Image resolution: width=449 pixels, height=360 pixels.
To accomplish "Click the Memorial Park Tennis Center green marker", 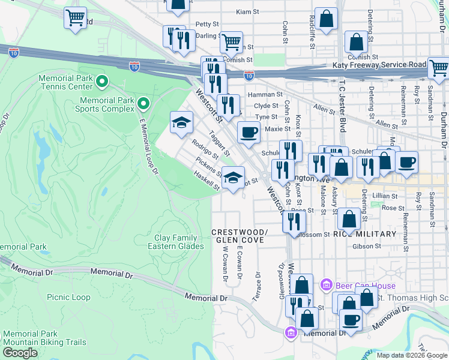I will [x=102, y=80].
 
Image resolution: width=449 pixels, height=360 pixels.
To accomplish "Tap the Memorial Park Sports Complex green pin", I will [x=143, y=104].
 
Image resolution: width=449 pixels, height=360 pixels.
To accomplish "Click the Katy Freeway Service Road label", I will [x=379, y=65].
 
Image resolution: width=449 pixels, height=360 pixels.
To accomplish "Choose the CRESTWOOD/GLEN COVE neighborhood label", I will [x=239, y=236].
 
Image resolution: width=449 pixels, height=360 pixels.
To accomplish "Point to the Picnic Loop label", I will [x=69, y=297].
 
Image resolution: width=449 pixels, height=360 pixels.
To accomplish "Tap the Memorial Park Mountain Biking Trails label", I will [x=44, y=338].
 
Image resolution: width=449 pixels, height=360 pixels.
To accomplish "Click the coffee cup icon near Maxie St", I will [x=249, y=133].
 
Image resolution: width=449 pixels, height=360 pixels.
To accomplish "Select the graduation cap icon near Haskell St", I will [x=233, y=178].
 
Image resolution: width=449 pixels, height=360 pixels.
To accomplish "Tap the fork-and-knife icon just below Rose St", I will [x=292, y=222].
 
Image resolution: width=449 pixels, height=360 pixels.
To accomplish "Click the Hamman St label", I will [x=268, y=94].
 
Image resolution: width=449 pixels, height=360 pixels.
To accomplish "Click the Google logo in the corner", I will [x=20, y=353].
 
